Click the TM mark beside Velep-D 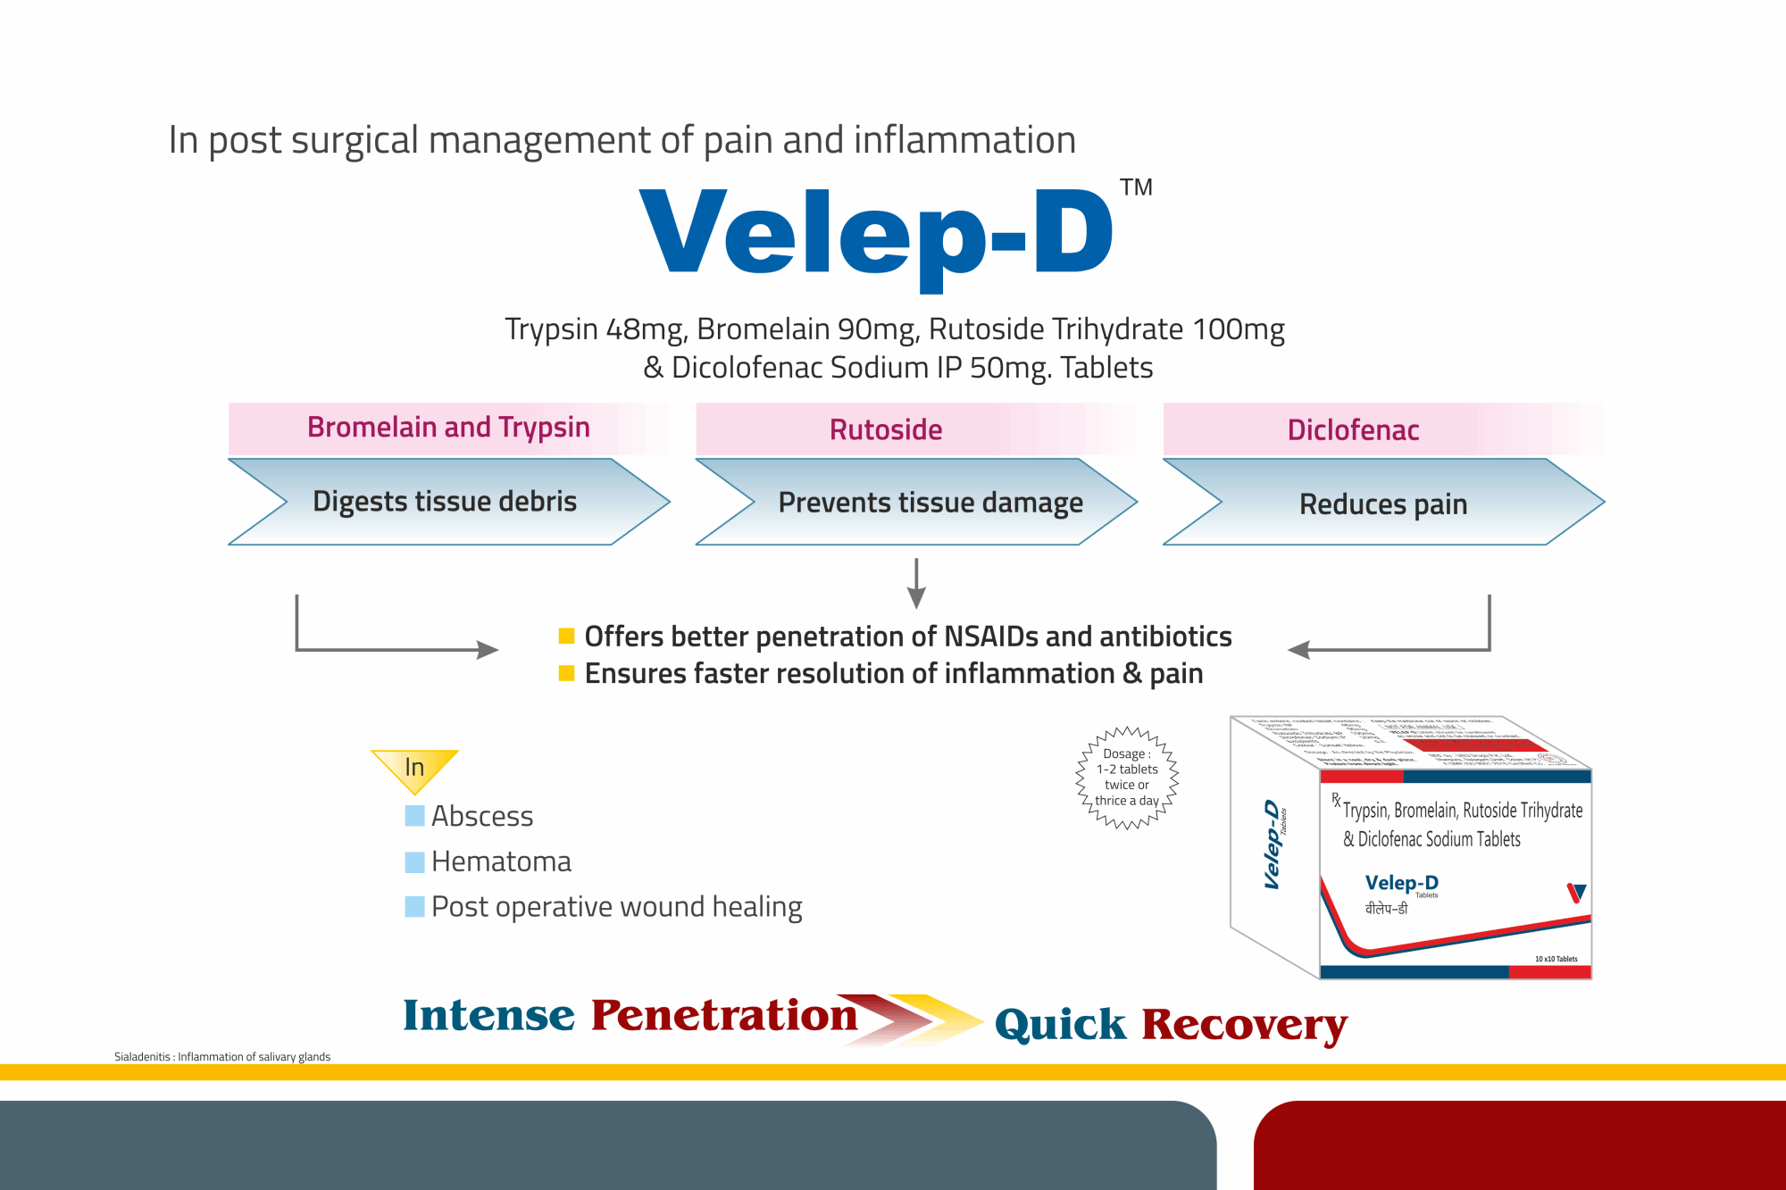[1136, 187]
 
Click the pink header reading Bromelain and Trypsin [448, 428]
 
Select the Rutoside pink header [886, 429]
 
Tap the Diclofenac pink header [1353, 429]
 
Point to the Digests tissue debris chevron [445, 502]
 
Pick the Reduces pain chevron [1382, 504]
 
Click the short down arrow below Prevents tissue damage [916, 584]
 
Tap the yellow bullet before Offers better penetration [566, 637]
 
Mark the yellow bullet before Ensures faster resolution [566, 673]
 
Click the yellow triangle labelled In [414, 767]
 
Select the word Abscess [482, 816]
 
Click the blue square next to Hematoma [414, 861]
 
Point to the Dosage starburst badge [1127, 778]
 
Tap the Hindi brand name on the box [1386, 909]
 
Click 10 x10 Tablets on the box [1556, 959]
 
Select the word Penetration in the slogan [723, 1016]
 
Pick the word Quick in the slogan [1060, 1025]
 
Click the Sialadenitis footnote [222, 1057]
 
